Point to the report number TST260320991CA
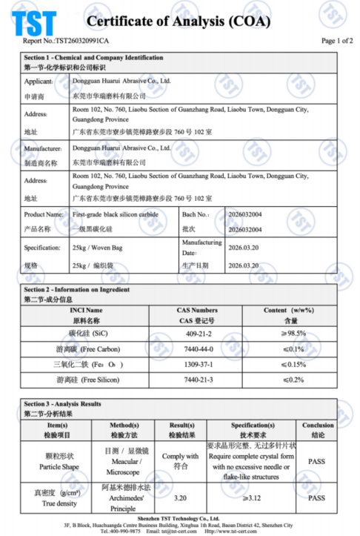pyautogui.click(x=67, y=42)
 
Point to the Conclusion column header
pyautogui.click(x=317, y=425)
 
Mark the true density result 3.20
pyautogui.click(x=181, y=498)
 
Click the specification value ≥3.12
pyautogui.click(x=252, y=498)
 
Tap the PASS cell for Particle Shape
pyautogui.click(x=317, y=460)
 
